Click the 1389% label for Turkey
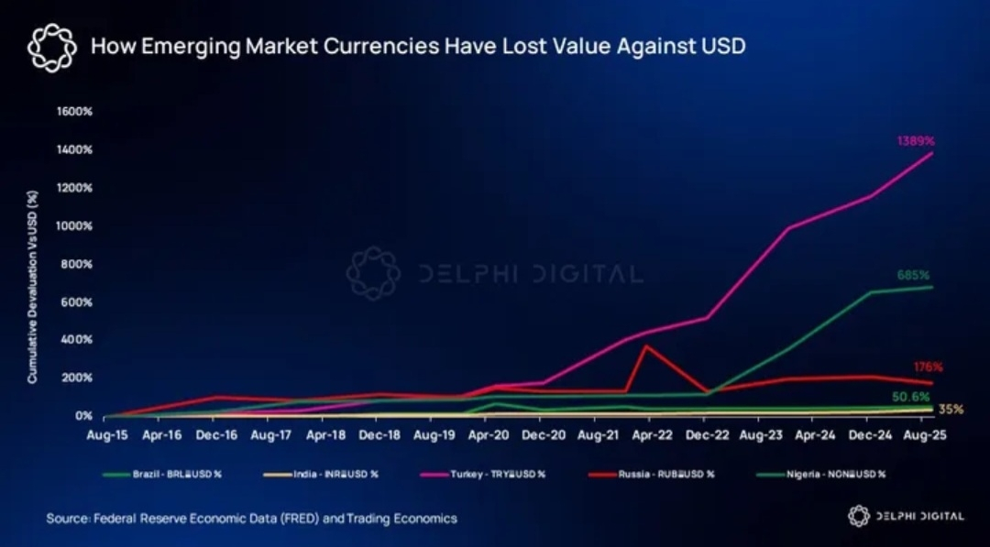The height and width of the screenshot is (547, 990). [915, 142]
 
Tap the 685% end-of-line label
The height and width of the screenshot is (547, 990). [913, 275]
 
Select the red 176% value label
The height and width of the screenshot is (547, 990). [928, 366]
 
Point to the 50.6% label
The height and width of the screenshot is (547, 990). [911, 397]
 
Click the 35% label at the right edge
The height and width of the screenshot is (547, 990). [951, 410]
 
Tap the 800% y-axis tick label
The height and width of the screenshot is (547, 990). [77, 264]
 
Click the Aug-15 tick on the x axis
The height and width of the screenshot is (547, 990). [106, 437]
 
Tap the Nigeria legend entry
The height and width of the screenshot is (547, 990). [840, 474]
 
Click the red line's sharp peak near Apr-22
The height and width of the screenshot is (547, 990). [647, 345]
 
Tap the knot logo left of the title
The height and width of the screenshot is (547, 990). [51, 47]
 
